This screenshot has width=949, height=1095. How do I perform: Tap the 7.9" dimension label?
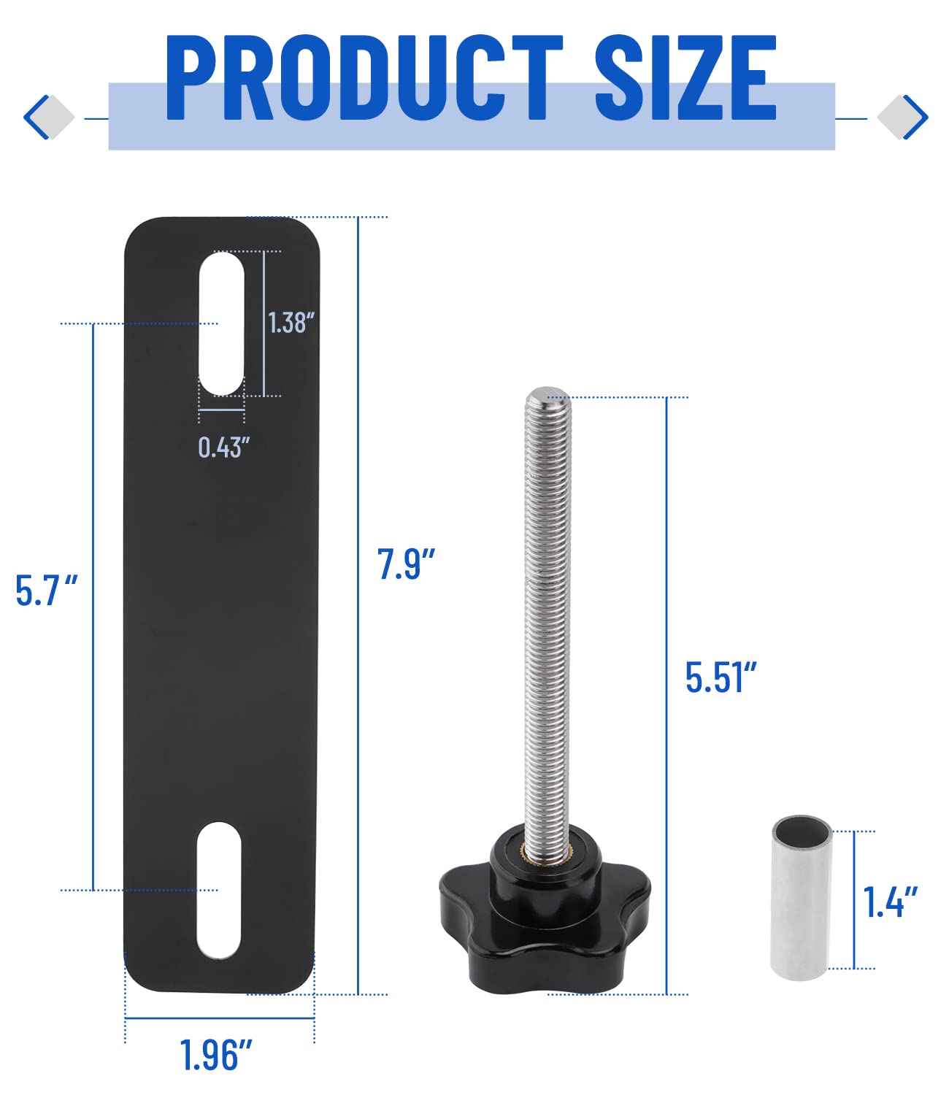[406, 564]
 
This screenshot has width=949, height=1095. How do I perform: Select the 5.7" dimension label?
[46, 591]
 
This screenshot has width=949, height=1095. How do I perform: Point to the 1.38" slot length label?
[291, 323]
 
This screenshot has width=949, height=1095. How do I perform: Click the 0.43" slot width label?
[223, 447]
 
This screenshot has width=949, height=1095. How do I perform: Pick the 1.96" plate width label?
[216, 1055]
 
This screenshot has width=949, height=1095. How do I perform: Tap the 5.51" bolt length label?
[721, 677]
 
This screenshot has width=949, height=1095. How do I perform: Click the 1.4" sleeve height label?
[890, 902]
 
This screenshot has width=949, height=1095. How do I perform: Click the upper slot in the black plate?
[222, 323]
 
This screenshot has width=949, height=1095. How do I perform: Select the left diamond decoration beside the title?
[49, 117]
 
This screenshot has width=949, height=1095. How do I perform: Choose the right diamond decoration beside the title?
[902, 117]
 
